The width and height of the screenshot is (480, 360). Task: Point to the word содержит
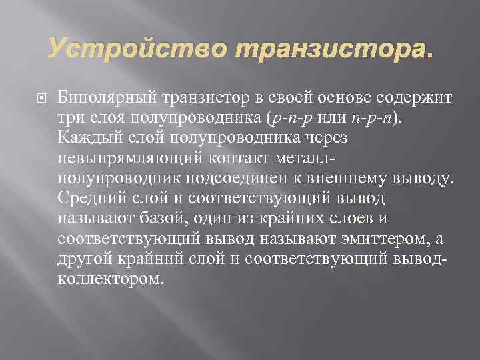pyautogui.click(x=415, y=99)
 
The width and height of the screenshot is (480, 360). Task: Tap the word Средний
pyautogui.click(x=87, y=199)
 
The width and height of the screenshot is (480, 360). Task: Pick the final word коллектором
pyautogui.click(x=110, y=279)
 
